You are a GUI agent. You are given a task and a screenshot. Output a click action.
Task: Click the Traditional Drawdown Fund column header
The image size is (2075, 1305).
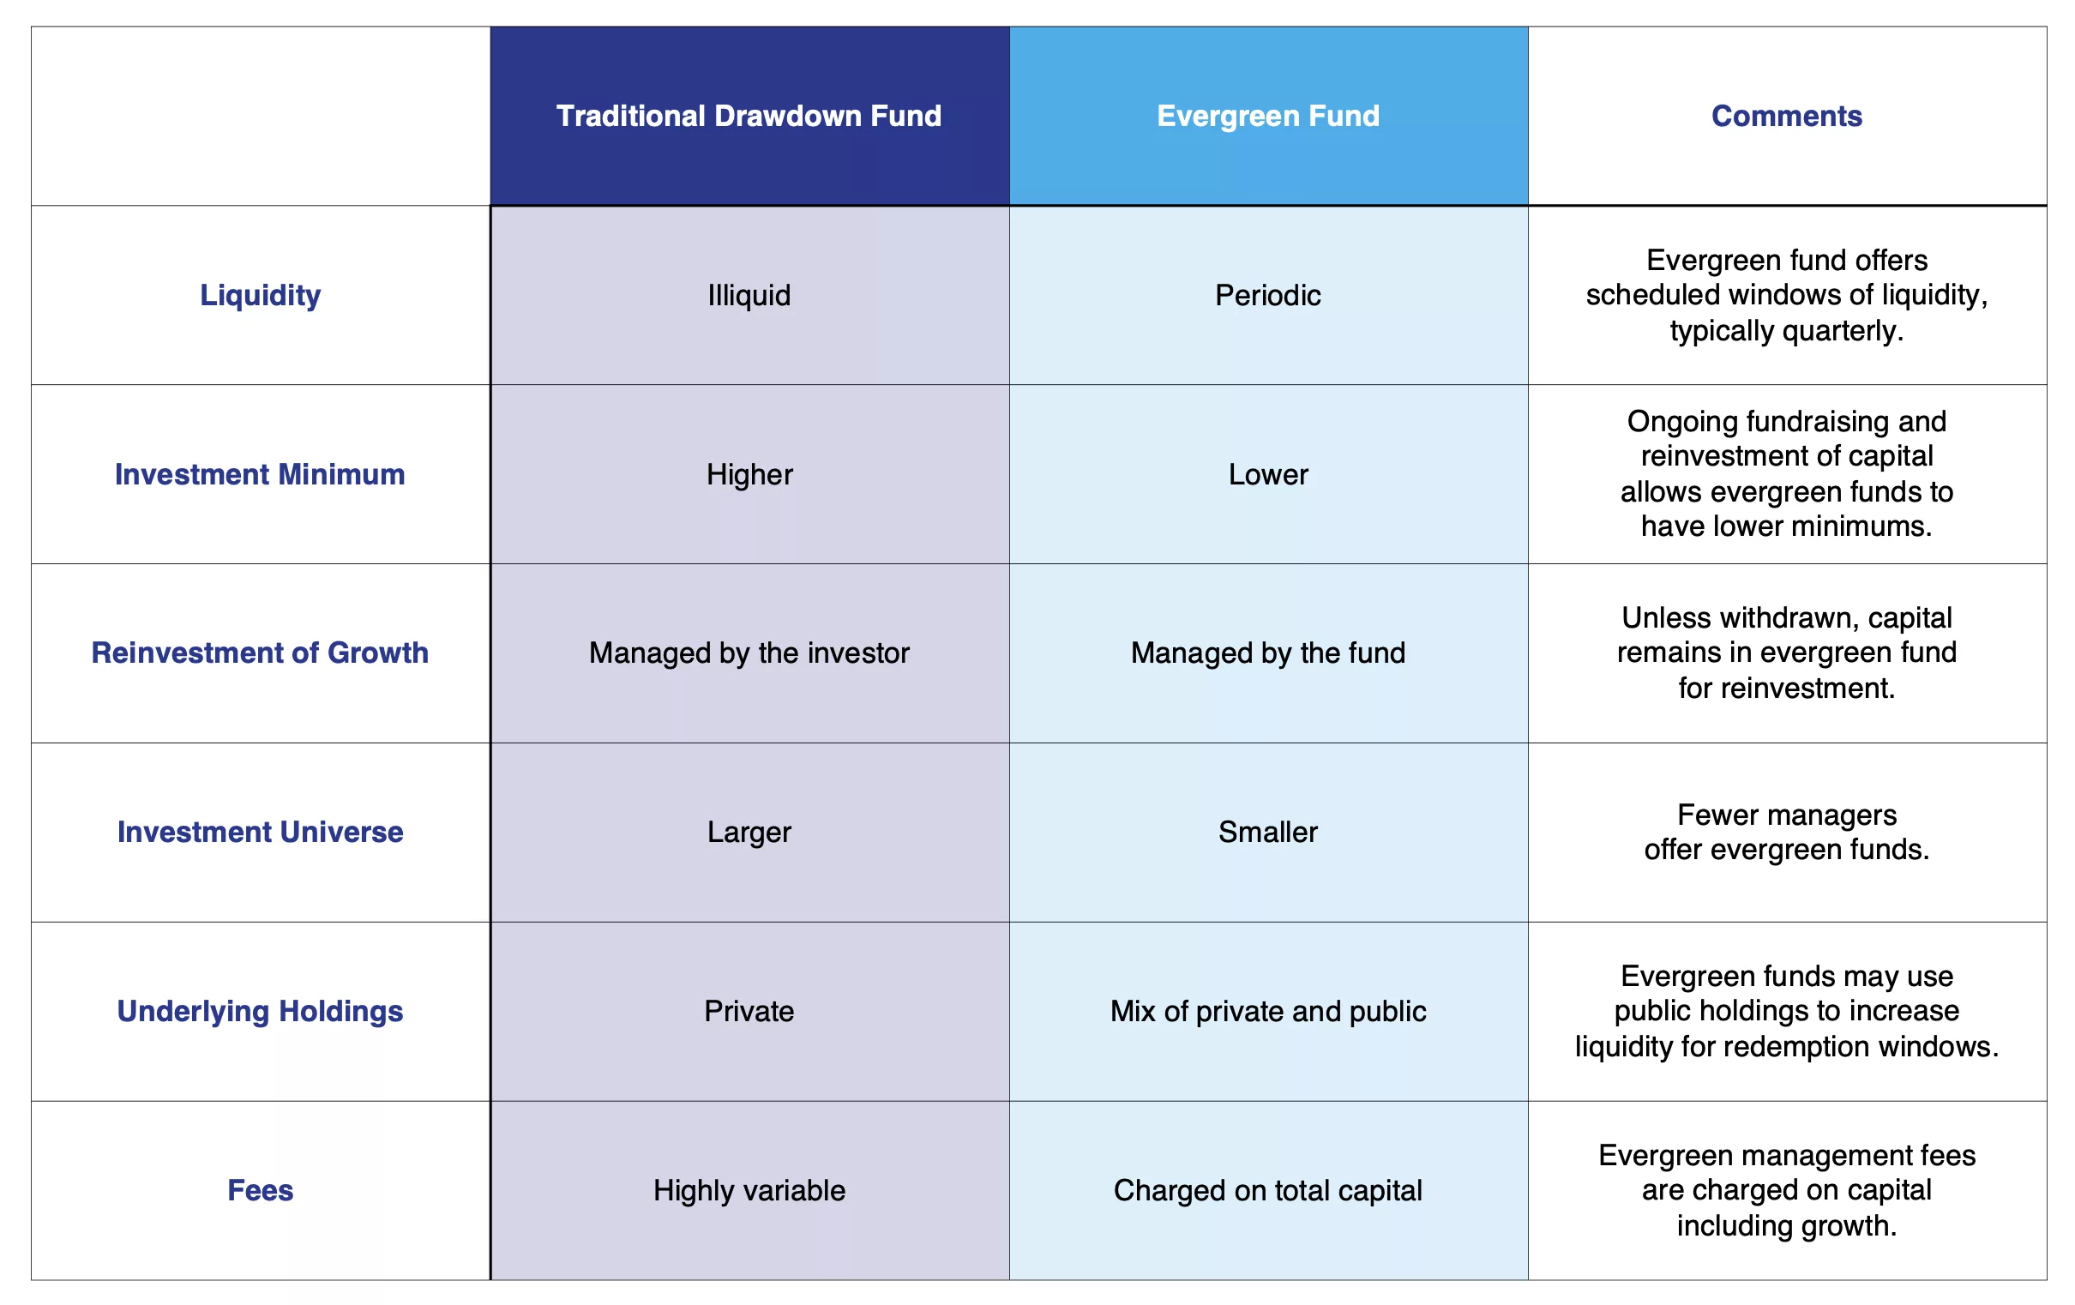tap(749, 116)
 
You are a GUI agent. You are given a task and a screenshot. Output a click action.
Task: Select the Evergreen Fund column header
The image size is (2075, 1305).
tap(1267, 116)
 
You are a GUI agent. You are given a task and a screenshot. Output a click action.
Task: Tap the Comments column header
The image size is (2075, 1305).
tap(1786, 116)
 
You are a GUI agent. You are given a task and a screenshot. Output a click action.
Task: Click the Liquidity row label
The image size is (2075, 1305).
tap(261, 296)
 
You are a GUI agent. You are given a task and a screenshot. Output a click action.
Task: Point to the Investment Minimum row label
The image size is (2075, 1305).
tap(261, 474)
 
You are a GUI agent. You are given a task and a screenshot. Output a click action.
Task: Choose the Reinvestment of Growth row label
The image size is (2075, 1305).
tap(261, 652)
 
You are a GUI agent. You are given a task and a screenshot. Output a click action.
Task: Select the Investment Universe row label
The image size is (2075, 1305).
tap(261, 832)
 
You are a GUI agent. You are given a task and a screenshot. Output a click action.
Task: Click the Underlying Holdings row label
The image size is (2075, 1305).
tap(261, 1011)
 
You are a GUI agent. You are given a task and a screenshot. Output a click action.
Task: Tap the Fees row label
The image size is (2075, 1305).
tap(261, 1190)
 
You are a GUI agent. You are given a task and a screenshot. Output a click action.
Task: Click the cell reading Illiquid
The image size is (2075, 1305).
tap(749, 296)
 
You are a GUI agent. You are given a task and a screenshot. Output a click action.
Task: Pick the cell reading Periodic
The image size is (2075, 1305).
tap(1267, 295)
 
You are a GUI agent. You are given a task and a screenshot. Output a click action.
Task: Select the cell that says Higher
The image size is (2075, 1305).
tap(749, 475)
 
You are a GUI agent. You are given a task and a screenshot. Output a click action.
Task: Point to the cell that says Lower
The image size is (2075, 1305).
tap(1267, 474)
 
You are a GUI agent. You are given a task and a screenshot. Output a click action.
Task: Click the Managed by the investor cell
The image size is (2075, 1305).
tap(749, 653)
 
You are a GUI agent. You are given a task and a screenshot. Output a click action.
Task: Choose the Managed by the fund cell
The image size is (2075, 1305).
tap(1267, 653)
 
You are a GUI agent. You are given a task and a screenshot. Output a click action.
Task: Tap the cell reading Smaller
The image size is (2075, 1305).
tap(1267, 832)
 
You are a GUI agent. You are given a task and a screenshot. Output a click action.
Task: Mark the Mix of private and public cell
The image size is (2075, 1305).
tap(1267, 1011)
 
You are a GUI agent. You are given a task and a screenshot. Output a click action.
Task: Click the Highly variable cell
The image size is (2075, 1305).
tap(749, 1190)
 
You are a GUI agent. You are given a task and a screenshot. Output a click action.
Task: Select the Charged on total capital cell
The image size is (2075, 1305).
tap(1267, 1190)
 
